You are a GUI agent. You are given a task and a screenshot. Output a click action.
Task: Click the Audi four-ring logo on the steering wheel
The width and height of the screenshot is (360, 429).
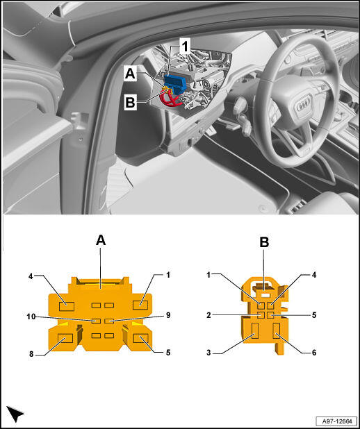tap(303, 102)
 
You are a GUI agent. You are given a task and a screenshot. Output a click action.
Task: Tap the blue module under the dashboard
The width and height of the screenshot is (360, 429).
tap(175, 82)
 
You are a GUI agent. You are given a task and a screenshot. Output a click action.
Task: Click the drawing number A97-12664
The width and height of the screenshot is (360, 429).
tap(336, 421)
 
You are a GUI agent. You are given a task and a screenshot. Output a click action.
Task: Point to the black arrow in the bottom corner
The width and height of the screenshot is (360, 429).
tap(15, 414)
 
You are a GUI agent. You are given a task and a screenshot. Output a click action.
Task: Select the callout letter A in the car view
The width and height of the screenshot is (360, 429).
tap(130, 74)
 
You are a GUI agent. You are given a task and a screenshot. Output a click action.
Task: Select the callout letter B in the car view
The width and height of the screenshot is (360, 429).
tap(130, 103)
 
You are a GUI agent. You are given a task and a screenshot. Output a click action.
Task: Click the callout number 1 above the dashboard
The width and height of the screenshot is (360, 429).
tap(186, 47)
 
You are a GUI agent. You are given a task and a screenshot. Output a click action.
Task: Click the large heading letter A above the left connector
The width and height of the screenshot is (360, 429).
tap(101, 241)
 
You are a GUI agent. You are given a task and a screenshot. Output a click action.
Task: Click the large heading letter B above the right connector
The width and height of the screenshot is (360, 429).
tap(264, 242)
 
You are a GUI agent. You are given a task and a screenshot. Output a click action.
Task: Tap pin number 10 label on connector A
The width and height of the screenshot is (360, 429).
tap(31, 317)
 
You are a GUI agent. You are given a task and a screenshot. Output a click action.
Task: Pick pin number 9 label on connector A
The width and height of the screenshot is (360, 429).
tap(168, 315)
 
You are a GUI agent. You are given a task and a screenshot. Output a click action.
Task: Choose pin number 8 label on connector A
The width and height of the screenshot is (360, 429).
tap(31, 355)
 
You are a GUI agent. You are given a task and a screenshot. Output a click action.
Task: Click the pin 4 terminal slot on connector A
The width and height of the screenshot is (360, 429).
tap(67, 306)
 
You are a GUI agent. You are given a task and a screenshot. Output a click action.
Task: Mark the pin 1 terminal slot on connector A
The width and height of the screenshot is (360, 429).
tap(140, 305)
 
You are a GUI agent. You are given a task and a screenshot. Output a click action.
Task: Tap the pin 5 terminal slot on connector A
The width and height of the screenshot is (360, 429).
tap(140, 339)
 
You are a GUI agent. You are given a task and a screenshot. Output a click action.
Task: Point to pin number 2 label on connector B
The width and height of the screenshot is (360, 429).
tap(208, 315)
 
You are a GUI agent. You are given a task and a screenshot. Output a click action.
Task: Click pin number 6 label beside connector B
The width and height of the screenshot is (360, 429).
tap(314, 353)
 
